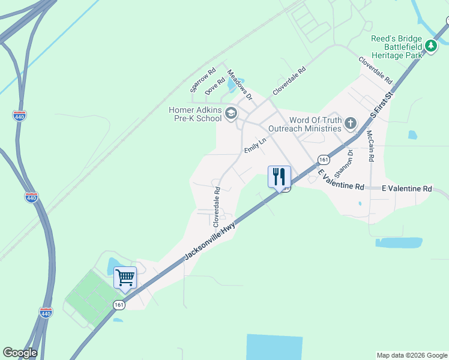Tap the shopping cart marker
click(x=125, y=278)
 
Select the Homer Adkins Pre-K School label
click(x=195, y=114)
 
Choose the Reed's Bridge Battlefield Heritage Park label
click(x=397, y=46)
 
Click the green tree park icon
click(x=430, y=46)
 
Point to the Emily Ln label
click(x=255, y=145)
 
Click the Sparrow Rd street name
click(x=203, y=80)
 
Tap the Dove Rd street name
click(x=214, y=86)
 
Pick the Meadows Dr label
click(x=240, y=85)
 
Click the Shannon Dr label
click(x=345, y=163)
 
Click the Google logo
click(x=20, y=353)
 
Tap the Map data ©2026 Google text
click(x=411, y=355)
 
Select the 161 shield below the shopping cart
click(x=119, y=305)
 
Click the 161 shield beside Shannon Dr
click(x=324, y=160)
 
